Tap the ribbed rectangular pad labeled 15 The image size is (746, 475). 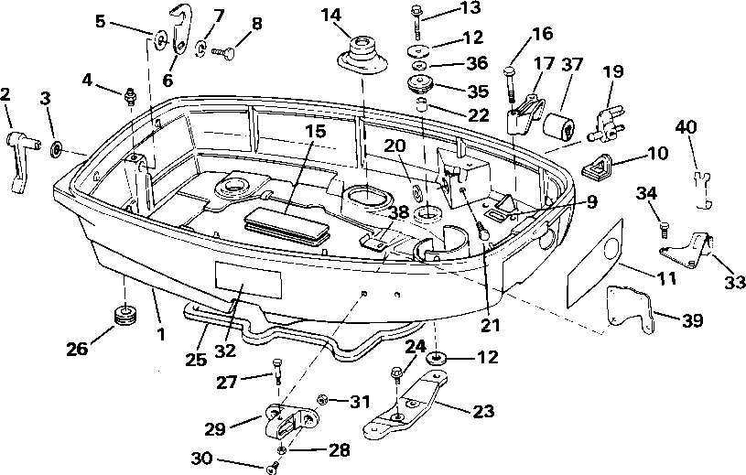pos(286,222)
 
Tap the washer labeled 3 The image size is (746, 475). pos(57,147)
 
